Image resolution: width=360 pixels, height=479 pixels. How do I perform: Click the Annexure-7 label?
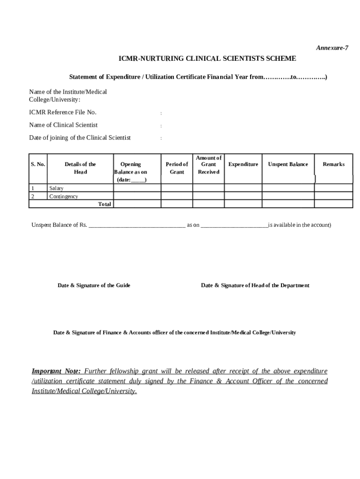click(332, 48)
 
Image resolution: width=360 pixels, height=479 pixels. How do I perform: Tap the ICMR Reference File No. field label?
click(63, 112)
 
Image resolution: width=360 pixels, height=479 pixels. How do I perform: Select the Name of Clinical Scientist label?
click(63, 125)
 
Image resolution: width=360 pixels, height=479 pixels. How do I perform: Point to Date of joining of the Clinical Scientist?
click(79, 138)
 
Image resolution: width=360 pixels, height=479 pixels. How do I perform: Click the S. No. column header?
click(38, 164)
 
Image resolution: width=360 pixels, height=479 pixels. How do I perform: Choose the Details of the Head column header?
click(80, 168)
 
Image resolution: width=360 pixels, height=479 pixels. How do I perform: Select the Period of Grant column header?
click(177, 168)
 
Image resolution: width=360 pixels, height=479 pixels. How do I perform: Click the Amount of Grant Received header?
click(209, 165)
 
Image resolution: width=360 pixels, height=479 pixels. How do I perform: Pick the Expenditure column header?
click(243, 164)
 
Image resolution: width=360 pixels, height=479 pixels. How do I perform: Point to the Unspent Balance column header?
click(288, 164)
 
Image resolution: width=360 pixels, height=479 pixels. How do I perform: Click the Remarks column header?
click(333, 164)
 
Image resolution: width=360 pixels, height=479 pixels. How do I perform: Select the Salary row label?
click(57, 188)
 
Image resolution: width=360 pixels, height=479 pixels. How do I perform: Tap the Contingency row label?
click(64, 196)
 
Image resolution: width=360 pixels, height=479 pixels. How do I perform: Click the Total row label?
click(104, 204)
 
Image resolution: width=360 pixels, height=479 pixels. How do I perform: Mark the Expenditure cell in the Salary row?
click(243, 188)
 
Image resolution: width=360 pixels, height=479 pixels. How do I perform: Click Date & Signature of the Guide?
click(94, 285)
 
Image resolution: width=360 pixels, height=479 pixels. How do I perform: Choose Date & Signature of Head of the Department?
click(255, 285)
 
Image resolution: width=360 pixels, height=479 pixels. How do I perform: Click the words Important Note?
click(56, 371)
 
